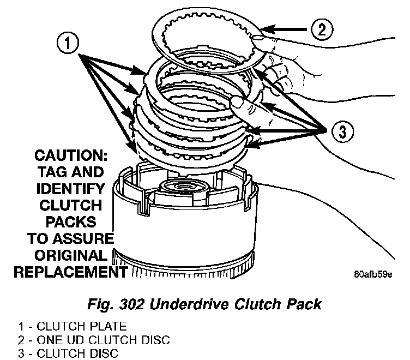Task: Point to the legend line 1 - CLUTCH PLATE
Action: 72,327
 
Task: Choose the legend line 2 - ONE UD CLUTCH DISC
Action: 93,340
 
